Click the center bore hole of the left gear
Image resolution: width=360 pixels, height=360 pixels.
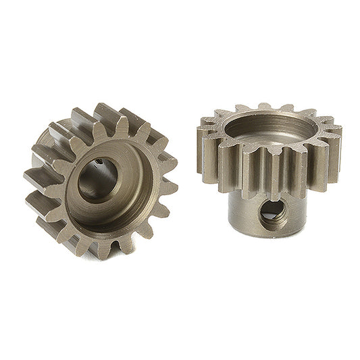point(100,180)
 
